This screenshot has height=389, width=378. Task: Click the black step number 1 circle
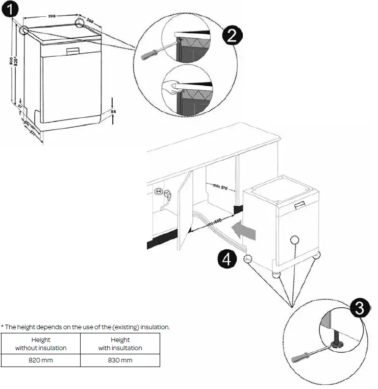tap(11, 9)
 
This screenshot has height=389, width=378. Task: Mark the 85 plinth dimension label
tap(113, 111)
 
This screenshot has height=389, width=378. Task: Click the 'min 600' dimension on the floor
tap(214, 223)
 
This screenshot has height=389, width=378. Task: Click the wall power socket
tap(158, 192)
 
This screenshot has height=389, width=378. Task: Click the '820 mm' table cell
tap(41, 360)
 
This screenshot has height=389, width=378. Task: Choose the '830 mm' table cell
tap(120, 360)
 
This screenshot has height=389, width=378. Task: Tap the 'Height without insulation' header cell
tap(41, 344)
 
